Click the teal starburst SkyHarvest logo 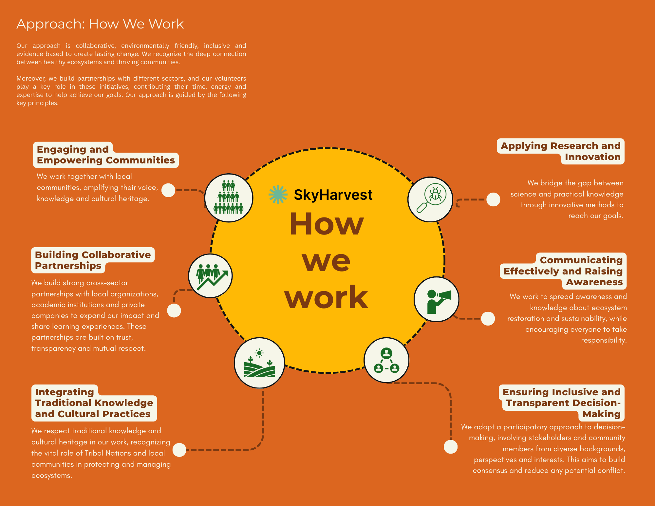(x=278, y=195)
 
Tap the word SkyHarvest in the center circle (x=333, y=195)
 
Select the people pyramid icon (x=229, y=198)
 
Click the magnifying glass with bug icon (x=430, y=199)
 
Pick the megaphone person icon (x=437, y=299)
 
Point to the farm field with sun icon (x=259, y=363)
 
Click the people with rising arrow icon (x=211, y=276)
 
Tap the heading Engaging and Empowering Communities (x=105, y=155)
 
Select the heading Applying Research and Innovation (x=560, y=151)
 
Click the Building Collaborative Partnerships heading (x=92, y=260)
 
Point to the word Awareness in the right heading (x=594, y=282)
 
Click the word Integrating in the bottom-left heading (x=65, y=392)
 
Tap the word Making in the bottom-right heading (x=601, y=414)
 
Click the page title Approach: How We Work (x=100, y=24)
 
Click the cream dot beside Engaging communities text (x=168, y=190)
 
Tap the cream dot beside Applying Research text (x=493, y=199)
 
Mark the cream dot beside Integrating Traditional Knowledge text (x=179, y=450)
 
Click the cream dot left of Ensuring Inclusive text (x=450, y=447)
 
